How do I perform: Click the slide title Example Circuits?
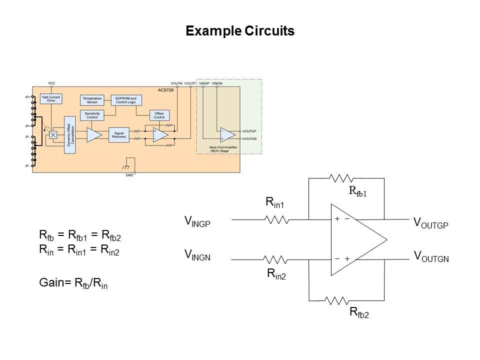tap(240, 31)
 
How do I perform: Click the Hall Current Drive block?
tap(51, 99)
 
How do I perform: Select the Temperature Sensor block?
tap(92, 100)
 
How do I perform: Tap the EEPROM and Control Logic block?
tap(126, 100)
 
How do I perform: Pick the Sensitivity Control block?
tap(92, 115)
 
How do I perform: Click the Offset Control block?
tap(159, 115)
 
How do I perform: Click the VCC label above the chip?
tap(51, 82)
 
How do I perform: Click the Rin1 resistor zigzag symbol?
tap(276, 219)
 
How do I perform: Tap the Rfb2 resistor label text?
tap(358, 313)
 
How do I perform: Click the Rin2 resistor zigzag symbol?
tap(276, 259)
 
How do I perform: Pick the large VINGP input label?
tap(197, 221)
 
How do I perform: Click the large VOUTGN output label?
tap(431, 257)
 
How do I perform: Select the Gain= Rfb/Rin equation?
tap(73, 283)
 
